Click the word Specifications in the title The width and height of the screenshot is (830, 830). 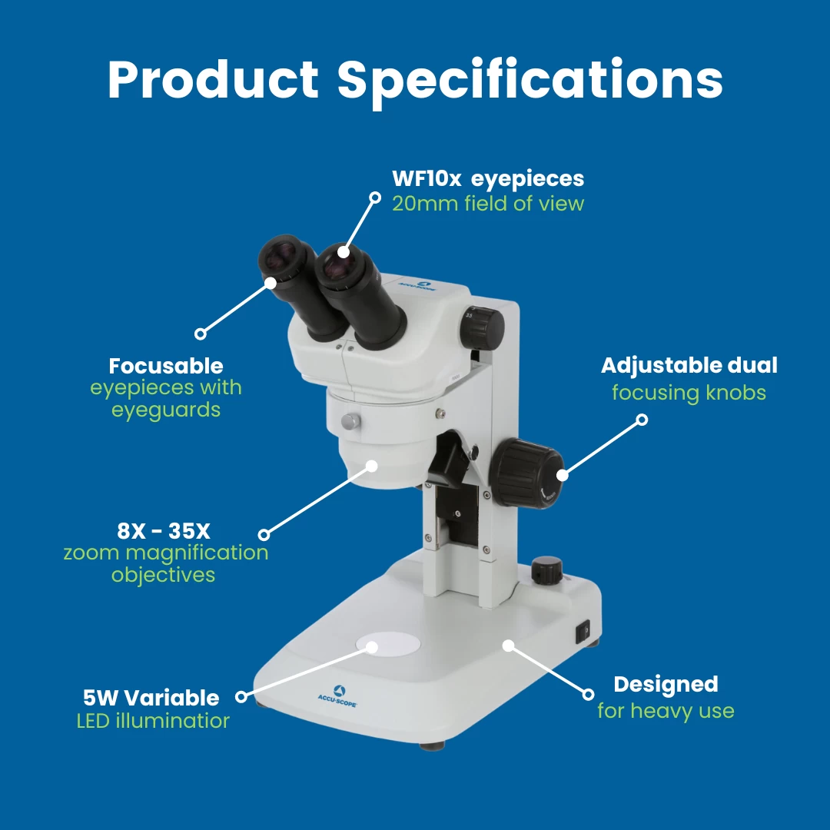[530, 81]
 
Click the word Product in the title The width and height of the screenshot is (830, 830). [214, 78]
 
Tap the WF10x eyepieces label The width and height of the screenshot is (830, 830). [488, 179]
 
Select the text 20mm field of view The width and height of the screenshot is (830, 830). [488, 203]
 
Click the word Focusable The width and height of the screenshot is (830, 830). [166, 366]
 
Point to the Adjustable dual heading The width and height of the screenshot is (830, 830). [689, 365]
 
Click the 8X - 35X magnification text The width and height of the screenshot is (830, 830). [164, 530]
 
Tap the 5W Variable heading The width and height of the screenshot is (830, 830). [151, 698]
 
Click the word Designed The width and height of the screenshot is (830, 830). [666, 685]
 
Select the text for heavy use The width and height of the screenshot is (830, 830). [666, 710]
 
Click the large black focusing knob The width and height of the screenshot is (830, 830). [526, 473]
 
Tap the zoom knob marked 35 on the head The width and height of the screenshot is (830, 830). [482, 327]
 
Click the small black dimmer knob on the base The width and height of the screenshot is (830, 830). [546, 570]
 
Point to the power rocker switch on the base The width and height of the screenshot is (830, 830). [583, 632]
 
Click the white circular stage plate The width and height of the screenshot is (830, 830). [389, 644]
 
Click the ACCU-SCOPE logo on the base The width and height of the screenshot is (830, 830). [337, 696]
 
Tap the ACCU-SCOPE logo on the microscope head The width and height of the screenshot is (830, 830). [418, 287]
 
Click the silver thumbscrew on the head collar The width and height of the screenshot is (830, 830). [350, 422]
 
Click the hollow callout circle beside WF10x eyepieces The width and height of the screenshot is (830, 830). [375, 198]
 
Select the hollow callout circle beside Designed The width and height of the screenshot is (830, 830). [588, 694]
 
